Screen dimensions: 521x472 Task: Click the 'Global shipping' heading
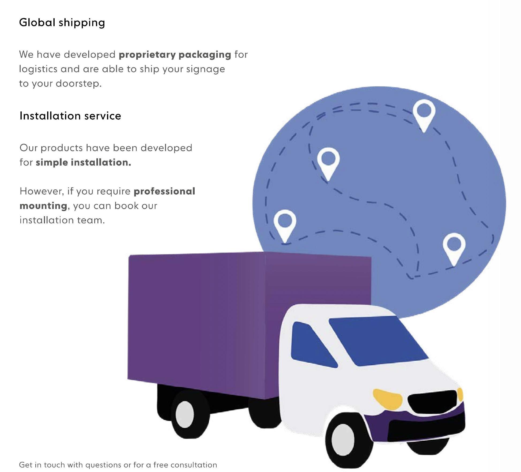pyautogui.click(x=62, y=23)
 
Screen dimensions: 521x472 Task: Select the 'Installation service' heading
pyautogui.click(x=70, y=116)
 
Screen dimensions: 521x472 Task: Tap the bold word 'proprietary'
pyautogui.click(x=147, y=55)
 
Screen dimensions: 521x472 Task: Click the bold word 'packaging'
pyautogui.click(x=205, y=55)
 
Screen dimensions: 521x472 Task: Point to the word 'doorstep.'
pyautogui.click(x=79, y=84)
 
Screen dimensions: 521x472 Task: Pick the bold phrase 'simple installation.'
pyautogui.click(x=83, y=162)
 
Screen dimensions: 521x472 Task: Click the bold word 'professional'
pyautogui.click(x=164, y=191)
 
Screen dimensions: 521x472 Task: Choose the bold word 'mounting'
pyautogui.click(x=43, y=206)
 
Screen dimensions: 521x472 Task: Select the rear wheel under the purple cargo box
pyautogui.click(x=185, y=414)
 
